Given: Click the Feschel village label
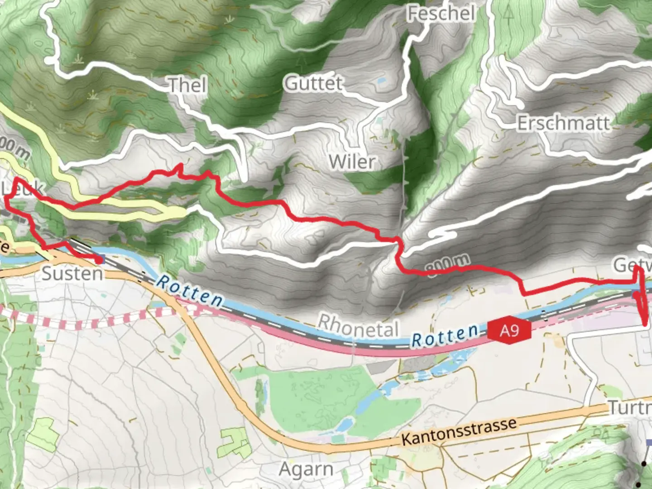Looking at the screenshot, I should pyautogui.click(x=441, y=13).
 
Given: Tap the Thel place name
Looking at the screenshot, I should pyautogui.click(x=187, y=85).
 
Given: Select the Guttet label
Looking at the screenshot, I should pyautogui.click(x=313, y=83).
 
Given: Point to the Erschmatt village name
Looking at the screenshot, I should pyautogui.click(x=563, y=123).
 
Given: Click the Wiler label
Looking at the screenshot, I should pyautogui.click(x=352, y=162).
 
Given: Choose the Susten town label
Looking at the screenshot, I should pyautogui.click(x=72, y=273).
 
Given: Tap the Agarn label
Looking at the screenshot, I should pyautogui.click(x=306, y=469).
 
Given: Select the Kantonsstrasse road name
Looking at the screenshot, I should pyautogui.click(x=459, y=431).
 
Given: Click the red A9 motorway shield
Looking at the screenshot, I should pyautogui.click(x=509, y=331).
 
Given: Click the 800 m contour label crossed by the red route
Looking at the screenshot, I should pyautogui.click(x=448, y=265).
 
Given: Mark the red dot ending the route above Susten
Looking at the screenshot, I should pyautogui.click(x=98, y=260).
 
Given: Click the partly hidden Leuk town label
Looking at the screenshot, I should pyautogui.click(x=18, y=188).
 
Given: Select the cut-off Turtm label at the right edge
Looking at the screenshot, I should pyautogui.click(x=630, y=407).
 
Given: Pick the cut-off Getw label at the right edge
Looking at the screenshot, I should pyautogui.click(x=632, y=265).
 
